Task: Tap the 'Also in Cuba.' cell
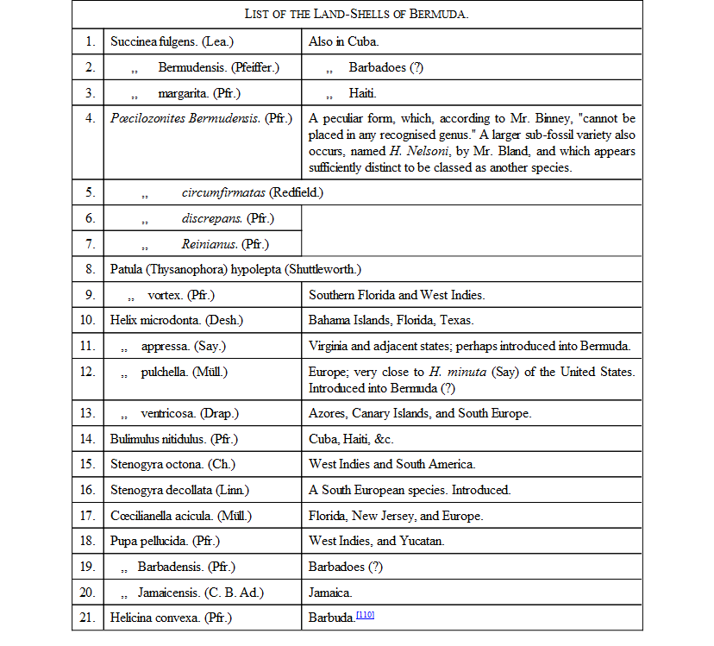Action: (x=343, y=41)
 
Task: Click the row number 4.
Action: (x=90, y=118)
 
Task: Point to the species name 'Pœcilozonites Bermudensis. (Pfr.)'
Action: (x=202, y=118)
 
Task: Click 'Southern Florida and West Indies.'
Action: (x=397, y=295)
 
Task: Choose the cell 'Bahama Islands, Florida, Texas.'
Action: (x=391, y=320)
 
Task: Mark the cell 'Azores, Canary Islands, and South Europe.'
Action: (x=420, y=413)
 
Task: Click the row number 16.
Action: (x=90, y=490)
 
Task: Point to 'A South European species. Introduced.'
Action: (x=410, y=490)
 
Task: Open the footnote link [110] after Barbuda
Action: (x=364, y=615)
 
